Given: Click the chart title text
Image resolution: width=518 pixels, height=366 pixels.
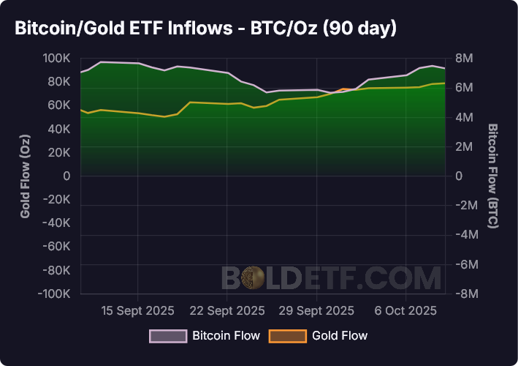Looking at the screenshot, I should point(205,29).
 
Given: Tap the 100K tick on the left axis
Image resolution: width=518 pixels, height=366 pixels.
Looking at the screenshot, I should point(56,59).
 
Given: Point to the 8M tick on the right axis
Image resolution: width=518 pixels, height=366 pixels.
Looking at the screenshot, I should point(465,59).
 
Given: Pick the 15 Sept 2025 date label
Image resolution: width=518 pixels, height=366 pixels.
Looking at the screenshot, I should point(138,310).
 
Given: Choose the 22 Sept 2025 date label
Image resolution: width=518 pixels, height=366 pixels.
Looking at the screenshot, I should point(226,310).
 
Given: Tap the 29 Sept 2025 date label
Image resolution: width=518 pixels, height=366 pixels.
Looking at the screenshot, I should point(317,310).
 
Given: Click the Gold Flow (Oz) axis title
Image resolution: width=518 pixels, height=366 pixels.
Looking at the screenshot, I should point(26,176).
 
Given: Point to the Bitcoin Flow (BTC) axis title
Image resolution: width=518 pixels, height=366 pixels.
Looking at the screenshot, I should point(493,176).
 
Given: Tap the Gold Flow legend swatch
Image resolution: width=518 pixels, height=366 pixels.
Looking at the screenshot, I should point(287,336).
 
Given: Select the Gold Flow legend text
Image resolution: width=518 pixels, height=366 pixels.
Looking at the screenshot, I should point(340,336).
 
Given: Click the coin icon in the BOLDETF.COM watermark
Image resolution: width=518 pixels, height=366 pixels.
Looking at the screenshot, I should point(254,277).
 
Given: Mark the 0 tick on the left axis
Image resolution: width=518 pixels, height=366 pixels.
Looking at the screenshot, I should point(66,176).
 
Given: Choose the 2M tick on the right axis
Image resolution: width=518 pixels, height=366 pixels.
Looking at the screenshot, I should point(465,146).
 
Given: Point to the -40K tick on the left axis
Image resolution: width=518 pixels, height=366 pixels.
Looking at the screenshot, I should point(56,223).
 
